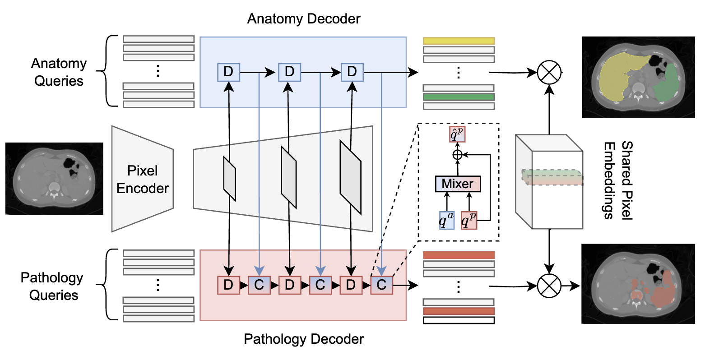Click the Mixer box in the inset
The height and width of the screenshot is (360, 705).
tap(458, 184)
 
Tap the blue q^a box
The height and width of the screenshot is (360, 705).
tap(447, 221)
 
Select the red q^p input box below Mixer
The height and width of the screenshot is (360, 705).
tap(469, 221)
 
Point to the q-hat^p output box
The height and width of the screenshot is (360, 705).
tap(457, 134)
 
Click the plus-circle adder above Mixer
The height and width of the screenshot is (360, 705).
tap(457, 155)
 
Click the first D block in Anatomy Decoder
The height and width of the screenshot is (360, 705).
tap(228, 71)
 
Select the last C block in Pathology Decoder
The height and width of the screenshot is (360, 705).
tap(381, 285)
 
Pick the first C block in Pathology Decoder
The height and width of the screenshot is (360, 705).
tap(259, 285)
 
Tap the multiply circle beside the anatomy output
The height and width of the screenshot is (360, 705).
tap(549, 72)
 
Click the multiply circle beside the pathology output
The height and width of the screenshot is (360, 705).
tap(549, 286)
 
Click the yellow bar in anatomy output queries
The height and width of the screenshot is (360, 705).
tap(459, 41)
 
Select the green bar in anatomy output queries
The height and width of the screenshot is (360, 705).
tap(459, 97)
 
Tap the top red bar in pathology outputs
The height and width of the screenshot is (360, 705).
tap(459, 255)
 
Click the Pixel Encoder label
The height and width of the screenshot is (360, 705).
tap(143, 179)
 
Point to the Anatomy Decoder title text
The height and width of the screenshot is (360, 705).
tap(304, 19)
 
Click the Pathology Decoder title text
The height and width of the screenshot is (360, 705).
tap(304, 339)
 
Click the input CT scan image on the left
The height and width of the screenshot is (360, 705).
tap(55, 179)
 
